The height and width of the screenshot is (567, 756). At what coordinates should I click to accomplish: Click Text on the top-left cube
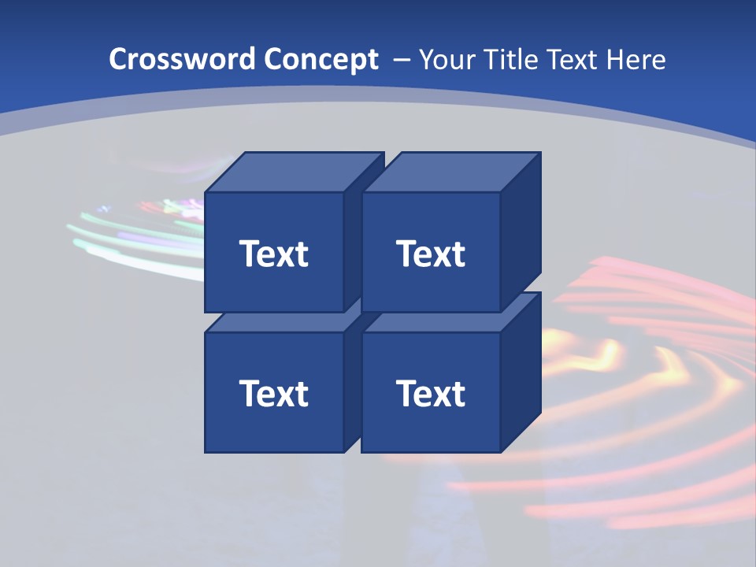274,254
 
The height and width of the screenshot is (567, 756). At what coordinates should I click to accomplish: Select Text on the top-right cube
431,254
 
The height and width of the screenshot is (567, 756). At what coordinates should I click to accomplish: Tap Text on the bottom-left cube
274,393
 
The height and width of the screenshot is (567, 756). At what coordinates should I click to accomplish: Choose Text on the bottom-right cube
431,393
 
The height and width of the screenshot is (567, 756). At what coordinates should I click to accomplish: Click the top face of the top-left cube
294,172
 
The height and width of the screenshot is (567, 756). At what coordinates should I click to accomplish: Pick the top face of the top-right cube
450,172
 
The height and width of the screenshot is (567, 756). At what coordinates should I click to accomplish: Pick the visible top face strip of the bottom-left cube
276,322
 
